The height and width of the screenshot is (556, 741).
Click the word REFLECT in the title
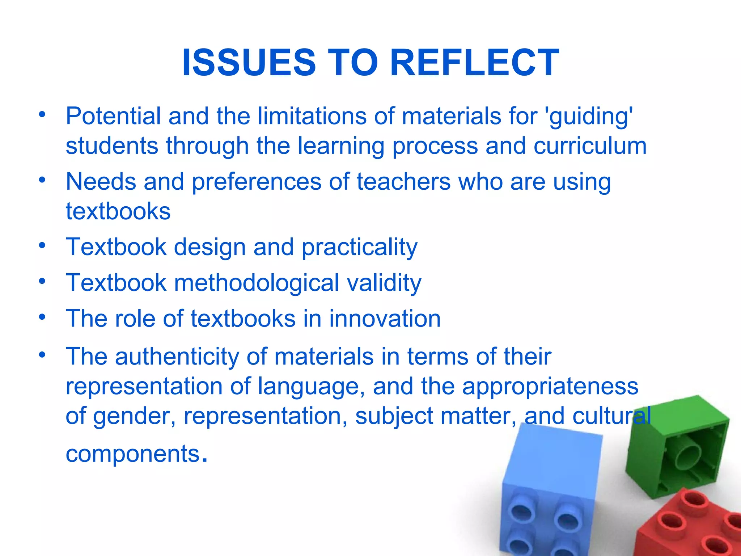coord(475,63)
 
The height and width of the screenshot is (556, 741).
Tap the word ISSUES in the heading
coord(249,63)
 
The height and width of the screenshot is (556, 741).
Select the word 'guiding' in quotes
coord(590,117)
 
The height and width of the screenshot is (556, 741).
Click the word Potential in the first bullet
coord(113,117)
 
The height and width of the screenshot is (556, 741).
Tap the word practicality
coord(359,248)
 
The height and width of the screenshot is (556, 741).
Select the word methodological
coord(257,283)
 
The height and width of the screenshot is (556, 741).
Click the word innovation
coord(385,319)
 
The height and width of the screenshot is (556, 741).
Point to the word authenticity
coord(177,357)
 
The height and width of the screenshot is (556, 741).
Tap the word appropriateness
coord(550,386)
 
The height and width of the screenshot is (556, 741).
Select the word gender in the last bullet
coord(134,416)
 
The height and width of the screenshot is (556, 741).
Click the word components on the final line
coord(133,454)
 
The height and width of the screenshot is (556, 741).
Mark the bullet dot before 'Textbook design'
coord(43,245)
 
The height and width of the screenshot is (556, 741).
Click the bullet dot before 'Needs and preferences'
coord(43,180)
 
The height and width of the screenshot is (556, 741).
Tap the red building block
coord(687,525)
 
